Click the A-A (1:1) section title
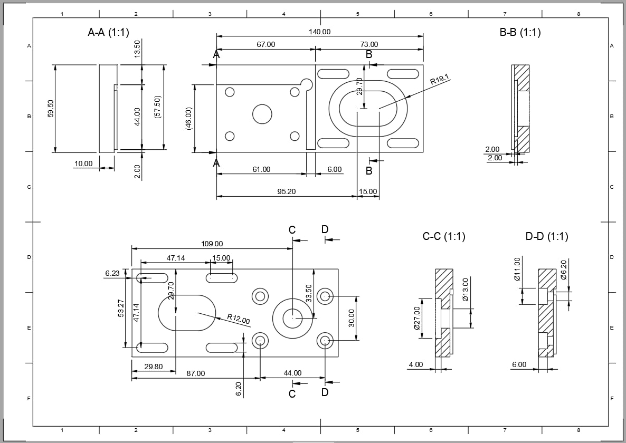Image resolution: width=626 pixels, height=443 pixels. click(109, 32)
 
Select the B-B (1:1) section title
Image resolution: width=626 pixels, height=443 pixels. click(520, 32)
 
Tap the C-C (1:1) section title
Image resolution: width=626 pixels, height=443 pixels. click(444, 236)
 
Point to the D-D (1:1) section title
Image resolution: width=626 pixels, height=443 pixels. click(546, 236)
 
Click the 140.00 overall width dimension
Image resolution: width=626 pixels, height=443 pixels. click(319, 32)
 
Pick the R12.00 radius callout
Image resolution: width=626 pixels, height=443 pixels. click(239, 319)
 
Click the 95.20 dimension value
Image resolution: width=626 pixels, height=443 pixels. click(286, 192)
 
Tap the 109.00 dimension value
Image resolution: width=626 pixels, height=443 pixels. click(212, 244)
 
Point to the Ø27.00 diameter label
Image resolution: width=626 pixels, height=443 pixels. click(417, 318)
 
